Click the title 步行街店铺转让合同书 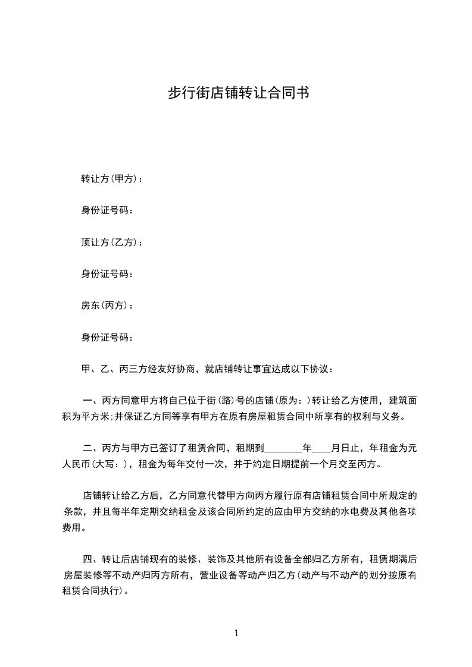tap(236, 93)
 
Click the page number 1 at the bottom tap(236, 633)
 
